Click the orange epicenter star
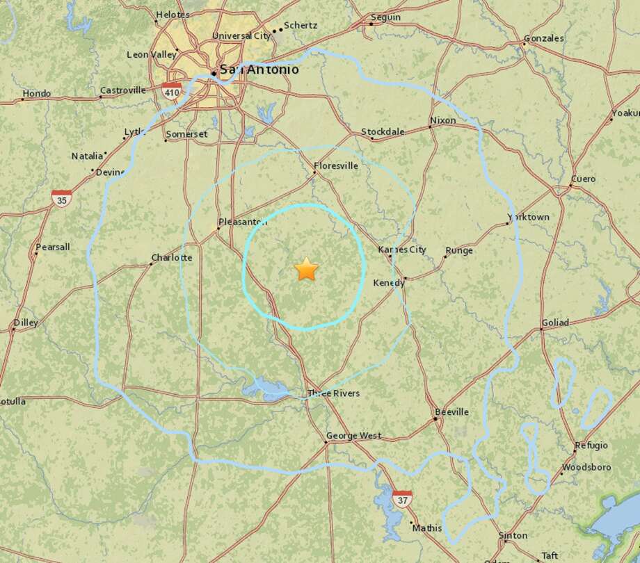(306, 269)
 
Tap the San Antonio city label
(259, 70)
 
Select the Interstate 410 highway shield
(170, 90)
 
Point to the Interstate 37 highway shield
(401, 499)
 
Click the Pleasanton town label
(243, 222)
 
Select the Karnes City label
(402, 250)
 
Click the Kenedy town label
(389, 282)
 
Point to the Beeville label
(451, 412)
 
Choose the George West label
(354, 436)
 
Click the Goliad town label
(554, 323)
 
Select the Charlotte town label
(171, 257)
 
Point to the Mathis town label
(426, 528)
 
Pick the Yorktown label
(529, 217)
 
